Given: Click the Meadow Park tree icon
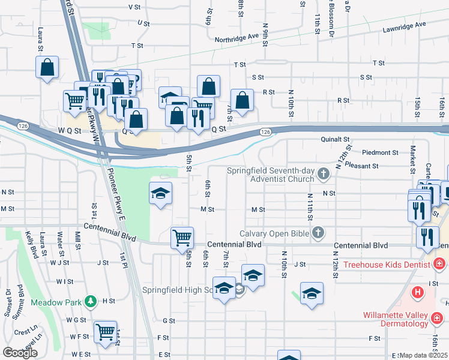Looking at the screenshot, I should (x=90, y=301).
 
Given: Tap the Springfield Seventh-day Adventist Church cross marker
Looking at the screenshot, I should (x=324, y=175).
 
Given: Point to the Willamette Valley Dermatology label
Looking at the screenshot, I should (x=396, y=319).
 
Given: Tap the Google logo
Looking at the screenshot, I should (x=19, y=353).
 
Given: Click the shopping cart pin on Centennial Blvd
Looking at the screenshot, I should (x=182, y=237).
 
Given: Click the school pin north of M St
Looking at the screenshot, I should (x=160, y=193).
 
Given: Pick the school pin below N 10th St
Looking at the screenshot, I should (x=312, y=293).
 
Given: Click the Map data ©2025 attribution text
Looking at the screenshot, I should (x=424, y=355).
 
